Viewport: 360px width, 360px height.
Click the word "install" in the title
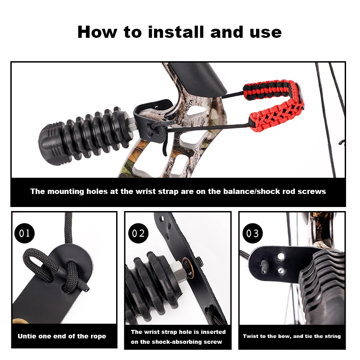[176, 32]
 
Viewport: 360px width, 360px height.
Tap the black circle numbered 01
[25, 233]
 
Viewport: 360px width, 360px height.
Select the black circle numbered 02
[138, 233]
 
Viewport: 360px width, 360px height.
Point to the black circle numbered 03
[252, 233]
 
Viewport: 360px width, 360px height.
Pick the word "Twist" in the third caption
[251, 336]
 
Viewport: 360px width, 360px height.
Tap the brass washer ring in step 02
[188, 268]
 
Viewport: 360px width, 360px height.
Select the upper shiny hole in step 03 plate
[280, 256]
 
